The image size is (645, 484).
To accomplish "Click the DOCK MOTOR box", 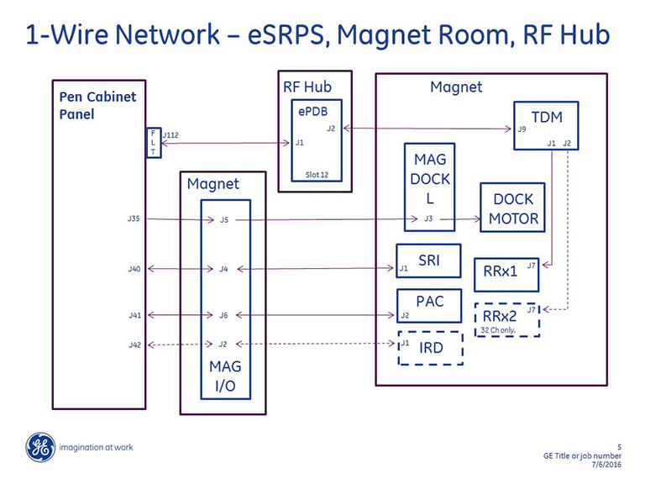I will click(x=513, y=209).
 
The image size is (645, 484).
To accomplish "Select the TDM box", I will click(x=546, y=126).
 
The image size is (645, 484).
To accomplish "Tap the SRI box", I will click(x=429, y=260).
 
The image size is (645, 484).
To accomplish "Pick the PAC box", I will click(x=429, y=305).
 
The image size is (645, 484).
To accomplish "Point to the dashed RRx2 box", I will click(x=507, y=319).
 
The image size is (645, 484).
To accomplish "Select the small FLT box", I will click(x=153, y=143).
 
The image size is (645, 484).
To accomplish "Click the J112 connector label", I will click(x=170, y=134).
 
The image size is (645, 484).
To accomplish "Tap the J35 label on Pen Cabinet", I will click(x=134, y=218).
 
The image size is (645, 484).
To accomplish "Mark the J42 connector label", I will click(x=134, y=345).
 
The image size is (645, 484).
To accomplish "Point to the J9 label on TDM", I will click(x=522, y=129).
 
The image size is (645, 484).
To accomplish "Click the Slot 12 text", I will click(x=317, y=174).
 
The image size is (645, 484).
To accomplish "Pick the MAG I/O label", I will click(x=223, y=377).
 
